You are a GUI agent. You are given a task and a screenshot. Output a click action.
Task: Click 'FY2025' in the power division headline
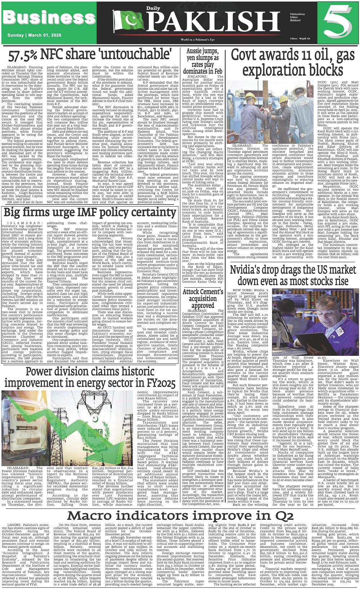pyautogui.click(x=158, y=382)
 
